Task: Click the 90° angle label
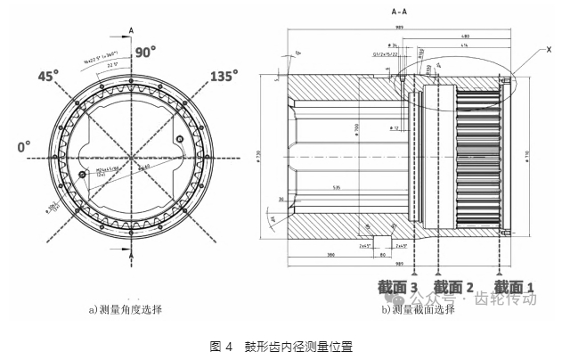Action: [x=145, y=53]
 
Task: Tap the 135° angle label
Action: [x=224, y=76]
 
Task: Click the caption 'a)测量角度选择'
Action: [x=125, y=310]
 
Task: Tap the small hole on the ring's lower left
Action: [x=82, y=175]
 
